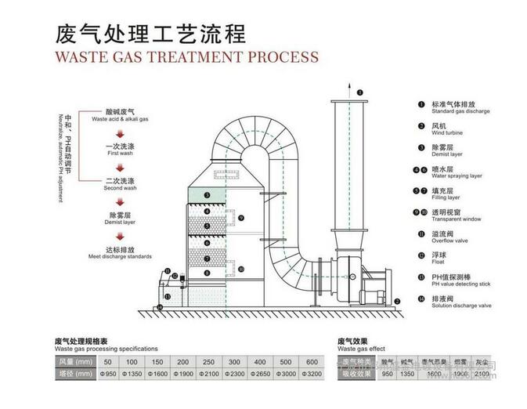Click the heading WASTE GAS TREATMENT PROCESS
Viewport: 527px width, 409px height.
[x=186, y=56]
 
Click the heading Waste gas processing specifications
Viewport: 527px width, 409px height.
[x=106, y=348]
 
